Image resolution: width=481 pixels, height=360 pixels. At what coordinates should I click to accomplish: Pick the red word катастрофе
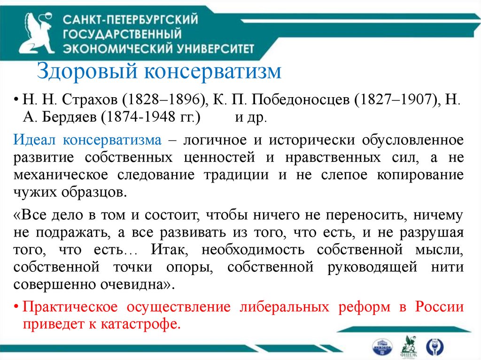pyautogui.click(x=145, y=324)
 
